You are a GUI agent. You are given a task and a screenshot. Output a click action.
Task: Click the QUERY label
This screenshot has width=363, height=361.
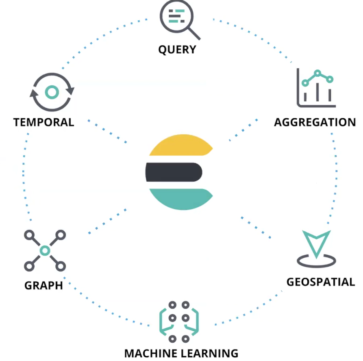point(177,50)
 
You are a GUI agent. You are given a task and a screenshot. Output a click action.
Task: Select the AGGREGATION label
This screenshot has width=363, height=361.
point(315,122)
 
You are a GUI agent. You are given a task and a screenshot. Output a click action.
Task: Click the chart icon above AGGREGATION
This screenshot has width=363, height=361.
point(316,87)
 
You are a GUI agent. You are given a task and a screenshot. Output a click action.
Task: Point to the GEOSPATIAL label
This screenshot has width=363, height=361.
point(320,282)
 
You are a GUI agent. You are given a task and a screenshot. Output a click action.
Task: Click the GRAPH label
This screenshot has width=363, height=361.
point(44,285)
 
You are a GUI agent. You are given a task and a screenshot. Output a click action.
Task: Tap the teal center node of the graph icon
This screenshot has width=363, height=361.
point(45,250)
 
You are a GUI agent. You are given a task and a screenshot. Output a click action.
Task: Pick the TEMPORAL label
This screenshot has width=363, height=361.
point(43,122)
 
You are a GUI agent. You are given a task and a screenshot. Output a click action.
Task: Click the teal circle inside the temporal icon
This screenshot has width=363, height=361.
point(52,92)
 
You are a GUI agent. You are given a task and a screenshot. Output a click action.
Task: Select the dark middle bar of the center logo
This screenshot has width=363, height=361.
point(174,172)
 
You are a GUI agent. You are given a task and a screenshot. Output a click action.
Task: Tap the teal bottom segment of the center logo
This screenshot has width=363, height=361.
point(181,198)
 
